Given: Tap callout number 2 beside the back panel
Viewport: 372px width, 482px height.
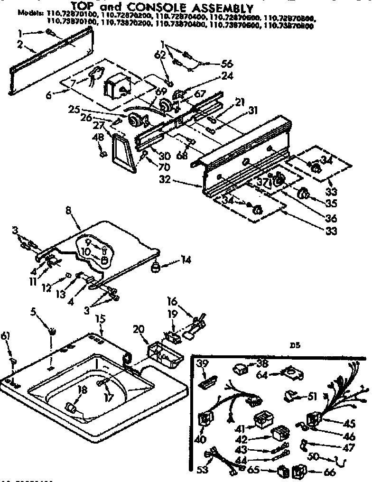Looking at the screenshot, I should pos(19,45).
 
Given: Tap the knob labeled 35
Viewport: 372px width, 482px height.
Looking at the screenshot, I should pos(303,194).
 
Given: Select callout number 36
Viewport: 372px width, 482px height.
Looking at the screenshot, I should pos(331,218).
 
